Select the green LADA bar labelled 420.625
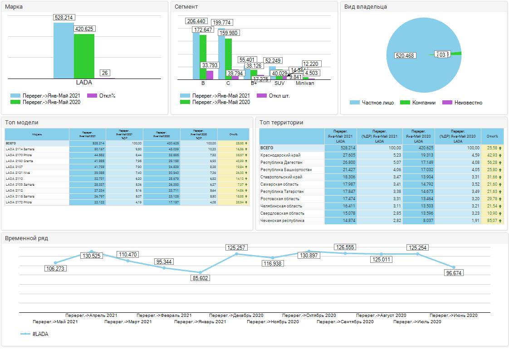pyautogui.click(x=84, y=56)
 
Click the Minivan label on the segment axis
pyautogui.click(x=305, y=84)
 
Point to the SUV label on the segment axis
pyautogui.click(x=280, y=84)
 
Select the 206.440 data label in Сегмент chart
pyautogui.click(x=196, y=21)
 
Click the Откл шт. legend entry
pyautogui.click(x=273, y=96)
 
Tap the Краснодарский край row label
pyautogui.click(x=280, y=155)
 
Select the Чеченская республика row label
pyautogui.click(x=282, y=221)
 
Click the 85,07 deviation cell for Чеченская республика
pyautogui.click(x=492, y=221)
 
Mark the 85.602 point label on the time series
pyautogui.click(x=200, y=278)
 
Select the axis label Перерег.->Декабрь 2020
pyautogui.click(x=236, y=315)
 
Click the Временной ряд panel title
pyautogui.click(x=26, y=238)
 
